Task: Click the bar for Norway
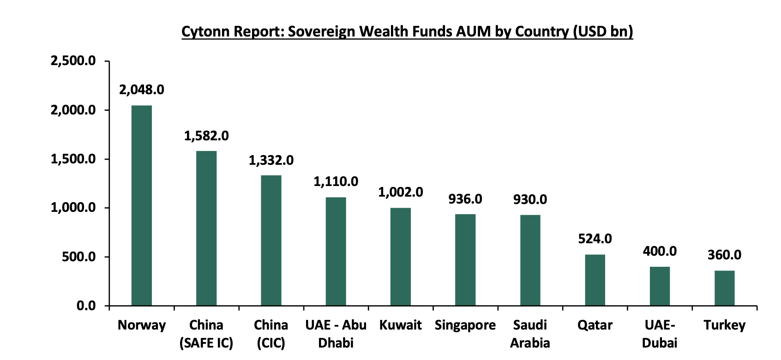click(x=141, y=205)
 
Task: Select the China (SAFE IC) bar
click(x=206, y=228)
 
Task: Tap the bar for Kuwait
click(x=400, y=257)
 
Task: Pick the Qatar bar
click(x=595, y=280)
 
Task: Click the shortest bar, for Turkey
click(x=724, y=288)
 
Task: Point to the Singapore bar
click(x=465, y=260)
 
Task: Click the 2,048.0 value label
click(x=141, y=90)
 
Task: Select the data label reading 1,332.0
click(x=271, y=160)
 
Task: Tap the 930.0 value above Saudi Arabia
click(x=530, y=199)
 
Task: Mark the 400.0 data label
click(x=660, y=251)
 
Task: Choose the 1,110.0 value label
click(x=336, y=181)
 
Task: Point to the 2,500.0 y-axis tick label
click(x=73, y=60)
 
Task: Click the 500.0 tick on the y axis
click(x=79, y=257)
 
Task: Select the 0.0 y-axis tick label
click(x=86, y=306)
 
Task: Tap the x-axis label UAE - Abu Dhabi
click(x=336, y=334)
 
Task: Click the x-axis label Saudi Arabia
click(x=530, y=334)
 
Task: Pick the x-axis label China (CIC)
click(x=271, y=334)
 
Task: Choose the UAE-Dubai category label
click(x=660, y=334)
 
